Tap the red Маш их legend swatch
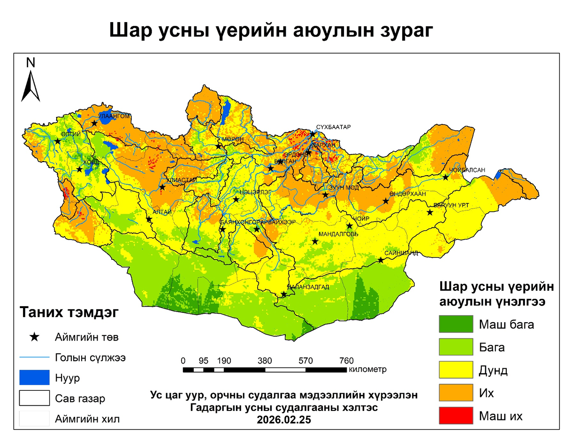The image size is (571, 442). tap(455, 415)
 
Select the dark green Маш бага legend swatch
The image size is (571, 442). tap(455, 324)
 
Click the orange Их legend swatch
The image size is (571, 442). tap(455, 393)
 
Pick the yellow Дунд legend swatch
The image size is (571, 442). tap(455, 370)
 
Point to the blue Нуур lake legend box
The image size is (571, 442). tap(34, 377)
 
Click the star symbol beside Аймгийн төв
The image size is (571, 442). tap(34, 337)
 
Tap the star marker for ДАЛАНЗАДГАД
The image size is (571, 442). tap(284, 295)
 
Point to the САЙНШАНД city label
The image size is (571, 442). tap(401, 252)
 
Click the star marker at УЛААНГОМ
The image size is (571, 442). tap(94, 123)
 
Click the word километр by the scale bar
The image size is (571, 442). tap(367, 370)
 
